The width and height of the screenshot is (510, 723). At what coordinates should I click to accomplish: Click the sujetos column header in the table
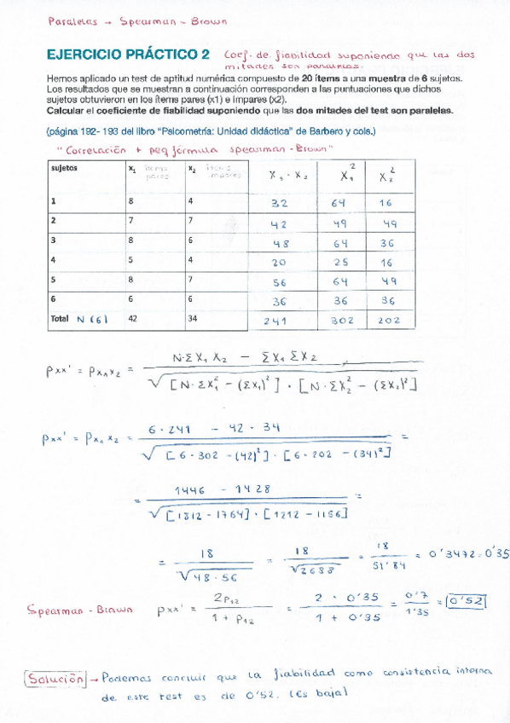[64, 169]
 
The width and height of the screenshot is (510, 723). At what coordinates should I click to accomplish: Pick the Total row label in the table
[60, 319]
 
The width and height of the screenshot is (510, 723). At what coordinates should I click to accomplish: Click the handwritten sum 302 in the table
[340, 321]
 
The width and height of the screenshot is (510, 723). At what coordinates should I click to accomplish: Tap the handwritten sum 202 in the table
[388, 321]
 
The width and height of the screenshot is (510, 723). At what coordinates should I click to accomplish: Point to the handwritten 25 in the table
[340, 262]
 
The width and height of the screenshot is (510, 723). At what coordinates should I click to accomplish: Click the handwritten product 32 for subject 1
[280, 204]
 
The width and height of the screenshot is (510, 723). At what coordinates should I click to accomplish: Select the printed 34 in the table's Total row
[194, 319]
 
